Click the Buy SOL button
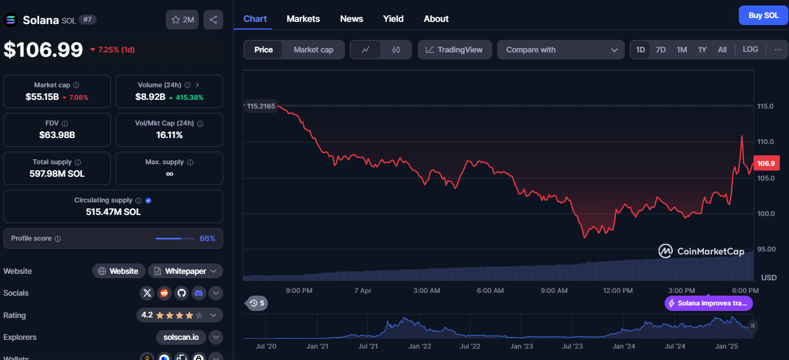763,15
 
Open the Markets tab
303,19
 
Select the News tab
351,19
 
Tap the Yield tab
393,19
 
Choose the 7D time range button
660,50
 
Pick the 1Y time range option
702,50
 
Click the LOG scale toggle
750,49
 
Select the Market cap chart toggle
314,50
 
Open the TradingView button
455,50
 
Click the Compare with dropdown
561,50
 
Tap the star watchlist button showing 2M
182,20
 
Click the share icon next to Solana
213,20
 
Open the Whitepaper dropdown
186,271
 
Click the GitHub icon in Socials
181,293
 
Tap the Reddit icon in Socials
164,293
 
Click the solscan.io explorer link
181,337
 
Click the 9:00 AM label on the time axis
554,291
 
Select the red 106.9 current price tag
766,164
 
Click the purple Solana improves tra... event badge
709,303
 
